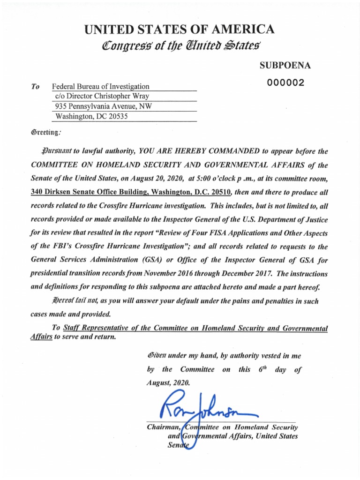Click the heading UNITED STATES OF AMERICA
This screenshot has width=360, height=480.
179,30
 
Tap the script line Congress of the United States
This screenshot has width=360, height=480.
179,46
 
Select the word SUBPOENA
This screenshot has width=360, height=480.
285,66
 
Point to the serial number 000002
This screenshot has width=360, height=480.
285,82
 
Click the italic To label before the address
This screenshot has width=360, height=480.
35,87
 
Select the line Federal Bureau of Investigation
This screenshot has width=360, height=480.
100,86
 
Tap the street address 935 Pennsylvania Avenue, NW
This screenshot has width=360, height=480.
103,106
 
